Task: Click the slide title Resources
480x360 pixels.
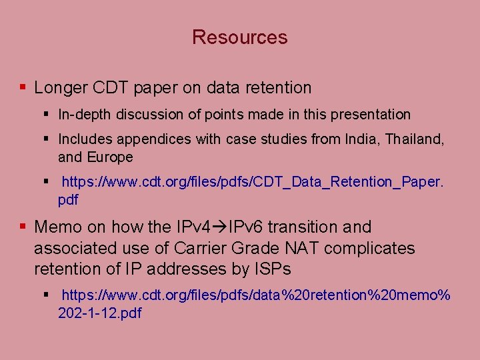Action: click(239, 37)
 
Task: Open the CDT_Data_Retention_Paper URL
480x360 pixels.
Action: click(252, 182)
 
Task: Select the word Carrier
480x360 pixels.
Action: click(199, 249)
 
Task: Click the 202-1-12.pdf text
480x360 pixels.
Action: click(100, 313)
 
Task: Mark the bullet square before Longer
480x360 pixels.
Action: click(23, 87)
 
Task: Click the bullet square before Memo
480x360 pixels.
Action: click(23, 227)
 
